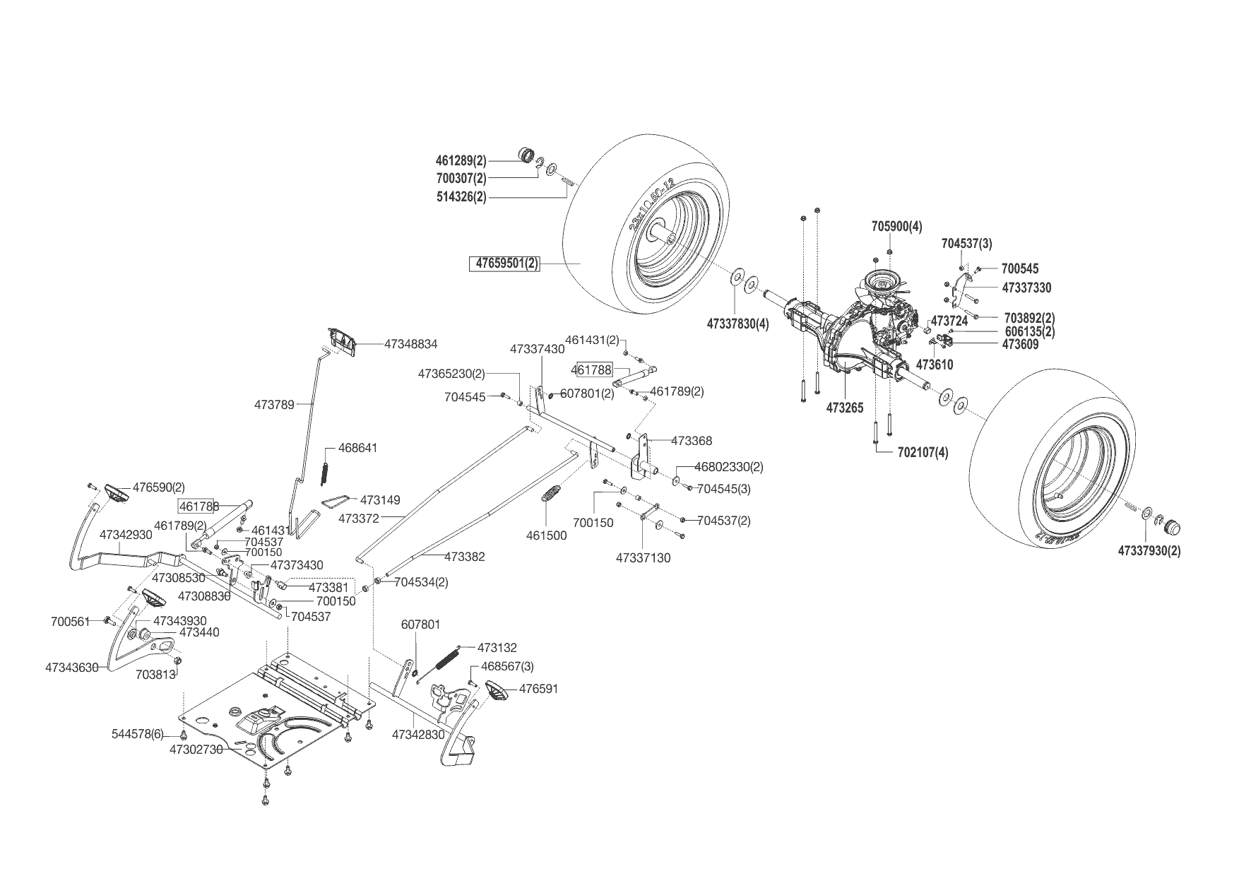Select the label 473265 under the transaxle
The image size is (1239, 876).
pyautogui.click(x=845, y=408)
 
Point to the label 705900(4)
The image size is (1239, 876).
pyautogui.click(x=896, y=227)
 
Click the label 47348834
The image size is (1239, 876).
pyautogui.click(x=410, y=344)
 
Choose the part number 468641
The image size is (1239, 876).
pyautogui.click(x=357, y=448)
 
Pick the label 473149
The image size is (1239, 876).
pyautogui.click(x=380, y=500)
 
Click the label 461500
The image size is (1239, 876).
pyautogui.click(x=546, y=535)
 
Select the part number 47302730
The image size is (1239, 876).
pyautogui.click(x=196, y=749)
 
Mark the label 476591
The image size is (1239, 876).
pyautogui.click(x=539, y=688)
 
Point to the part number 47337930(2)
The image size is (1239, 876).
pyautogui.click(x=1149, y=550)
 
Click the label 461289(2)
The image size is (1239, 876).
pyautogui.click(x=461, y=160)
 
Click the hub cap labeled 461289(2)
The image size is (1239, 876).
pyautogui.click(x=527, y=155)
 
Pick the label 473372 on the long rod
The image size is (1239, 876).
pyautogui.click(x=359, y=519)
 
